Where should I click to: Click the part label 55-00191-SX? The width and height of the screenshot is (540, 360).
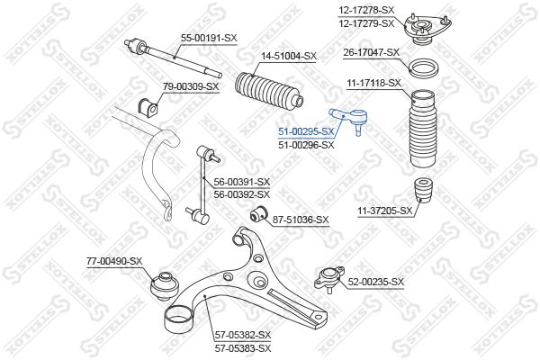[209, 38]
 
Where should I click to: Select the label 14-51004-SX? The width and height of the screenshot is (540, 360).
[288, 56]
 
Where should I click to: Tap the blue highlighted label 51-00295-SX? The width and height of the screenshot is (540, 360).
[306, 131]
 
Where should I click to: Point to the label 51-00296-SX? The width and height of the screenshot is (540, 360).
[306, 145]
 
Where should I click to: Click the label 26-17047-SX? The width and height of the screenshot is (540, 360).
[371, 53]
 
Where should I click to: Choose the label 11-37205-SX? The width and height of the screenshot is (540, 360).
[384, 211]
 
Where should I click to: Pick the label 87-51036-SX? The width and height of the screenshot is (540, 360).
[301, 220]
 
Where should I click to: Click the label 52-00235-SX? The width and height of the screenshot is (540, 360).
[375, 282]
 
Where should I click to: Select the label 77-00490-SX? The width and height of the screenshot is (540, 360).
[114, 262]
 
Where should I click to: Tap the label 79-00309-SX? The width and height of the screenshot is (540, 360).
[191, 86]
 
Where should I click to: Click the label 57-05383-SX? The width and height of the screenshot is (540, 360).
[243, 348]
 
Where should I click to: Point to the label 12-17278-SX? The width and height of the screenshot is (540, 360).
[366, 10]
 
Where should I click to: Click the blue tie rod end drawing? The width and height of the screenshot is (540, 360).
[347, 121]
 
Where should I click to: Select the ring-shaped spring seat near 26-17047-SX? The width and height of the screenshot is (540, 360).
[424, 69]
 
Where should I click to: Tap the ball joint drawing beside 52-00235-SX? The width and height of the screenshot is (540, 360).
[329, 279]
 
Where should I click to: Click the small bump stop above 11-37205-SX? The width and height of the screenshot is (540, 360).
[423, 190]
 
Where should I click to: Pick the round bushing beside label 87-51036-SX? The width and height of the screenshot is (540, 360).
[258, 214]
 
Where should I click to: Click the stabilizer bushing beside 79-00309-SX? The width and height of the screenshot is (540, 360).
[148, 107]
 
